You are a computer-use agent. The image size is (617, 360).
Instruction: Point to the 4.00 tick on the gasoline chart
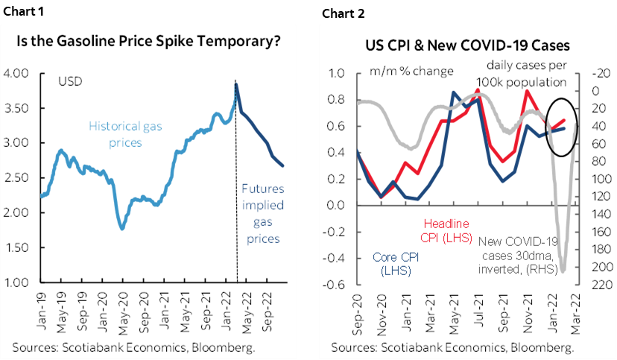pos(16,73)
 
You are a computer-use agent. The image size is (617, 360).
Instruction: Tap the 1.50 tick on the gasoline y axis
pos(16,247)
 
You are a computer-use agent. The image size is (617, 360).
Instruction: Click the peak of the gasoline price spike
pos(236,84)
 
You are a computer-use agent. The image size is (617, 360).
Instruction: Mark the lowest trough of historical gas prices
pos(122,228)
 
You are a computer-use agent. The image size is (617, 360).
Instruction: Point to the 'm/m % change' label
pos(412,72)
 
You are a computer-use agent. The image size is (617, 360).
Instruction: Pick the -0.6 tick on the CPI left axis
pos(334,285)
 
